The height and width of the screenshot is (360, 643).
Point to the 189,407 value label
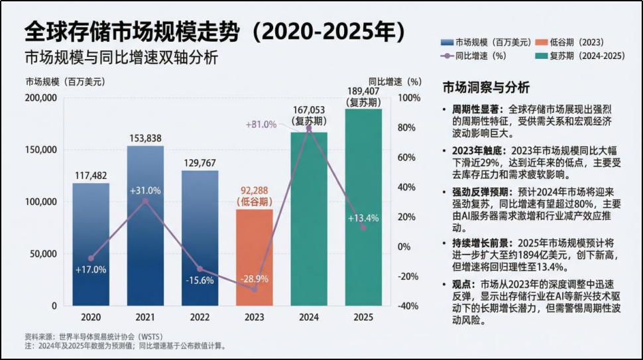pos(363,91)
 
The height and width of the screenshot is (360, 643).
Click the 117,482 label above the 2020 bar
pos(91,176)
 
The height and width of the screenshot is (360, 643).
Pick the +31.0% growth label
pos(145,190)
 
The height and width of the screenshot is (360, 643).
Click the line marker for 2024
pos(308,127)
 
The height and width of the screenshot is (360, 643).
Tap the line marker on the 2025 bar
pos(363,227)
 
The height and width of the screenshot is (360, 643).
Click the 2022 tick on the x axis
pos(200,318)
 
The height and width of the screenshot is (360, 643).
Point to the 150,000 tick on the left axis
pos(42,150)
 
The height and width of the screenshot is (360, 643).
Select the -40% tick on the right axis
pos(409,306)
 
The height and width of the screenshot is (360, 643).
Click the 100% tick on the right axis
pos(409,98)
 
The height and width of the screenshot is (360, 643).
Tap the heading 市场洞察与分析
pos(486,88)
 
